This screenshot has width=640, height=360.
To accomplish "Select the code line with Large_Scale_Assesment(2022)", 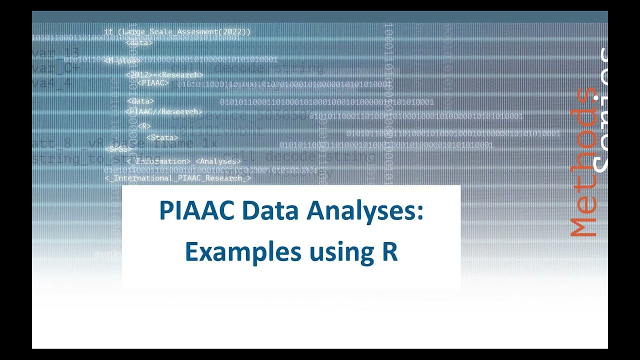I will click(x=177, y=32).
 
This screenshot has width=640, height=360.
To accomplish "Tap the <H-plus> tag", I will click(x=122, y=61).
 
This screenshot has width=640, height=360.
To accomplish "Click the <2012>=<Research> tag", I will click(x=164, y=75).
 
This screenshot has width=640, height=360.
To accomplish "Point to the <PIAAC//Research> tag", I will click(x=164, y=111).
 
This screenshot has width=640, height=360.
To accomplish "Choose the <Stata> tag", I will click(x=162, y=137).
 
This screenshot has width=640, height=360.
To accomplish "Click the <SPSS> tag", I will click(x=118, y=149).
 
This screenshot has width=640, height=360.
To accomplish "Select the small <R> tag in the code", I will click(x=144, y=126).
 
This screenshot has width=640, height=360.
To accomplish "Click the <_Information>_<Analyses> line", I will click(x=183, y=161).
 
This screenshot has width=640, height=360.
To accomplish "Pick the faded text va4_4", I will click(x=52, y=83).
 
